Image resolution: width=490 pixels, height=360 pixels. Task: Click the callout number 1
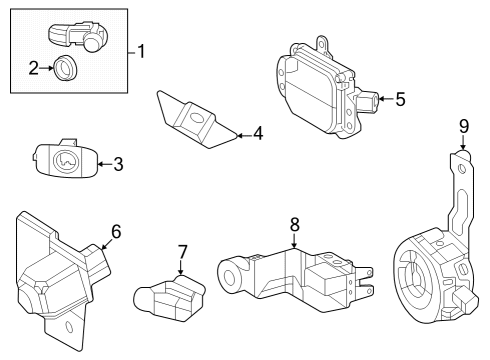pos(141,51)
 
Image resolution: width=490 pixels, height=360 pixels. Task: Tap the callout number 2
pos(33,68)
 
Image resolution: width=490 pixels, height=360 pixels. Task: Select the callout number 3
pos(118,164)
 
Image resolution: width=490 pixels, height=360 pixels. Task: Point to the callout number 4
pos(257,132)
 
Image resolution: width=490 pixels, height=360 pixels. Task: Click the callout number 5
pos(400,99)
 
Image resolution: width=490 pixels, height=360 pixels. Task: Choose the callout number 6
pos(116,232)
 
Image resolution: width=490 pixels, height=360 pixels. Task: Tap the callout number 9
pos(463,126)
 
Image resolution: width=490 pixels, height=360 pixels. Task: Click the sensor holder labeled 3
pos(65,160)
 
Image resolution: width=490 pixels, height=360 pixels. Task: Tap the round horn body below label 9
pos(425,275)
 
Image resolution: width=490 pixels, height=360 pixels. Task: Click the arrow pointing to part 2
pos(48,68)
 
